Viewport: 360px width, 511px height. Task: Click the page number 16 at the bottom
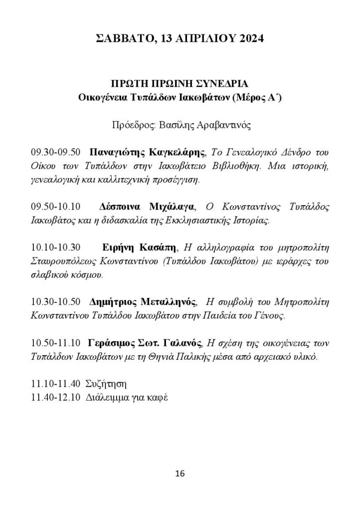180,473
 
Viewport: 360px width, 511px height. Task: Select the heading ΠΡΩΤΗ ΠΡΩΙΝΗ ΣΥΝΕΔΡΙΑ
180,82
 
